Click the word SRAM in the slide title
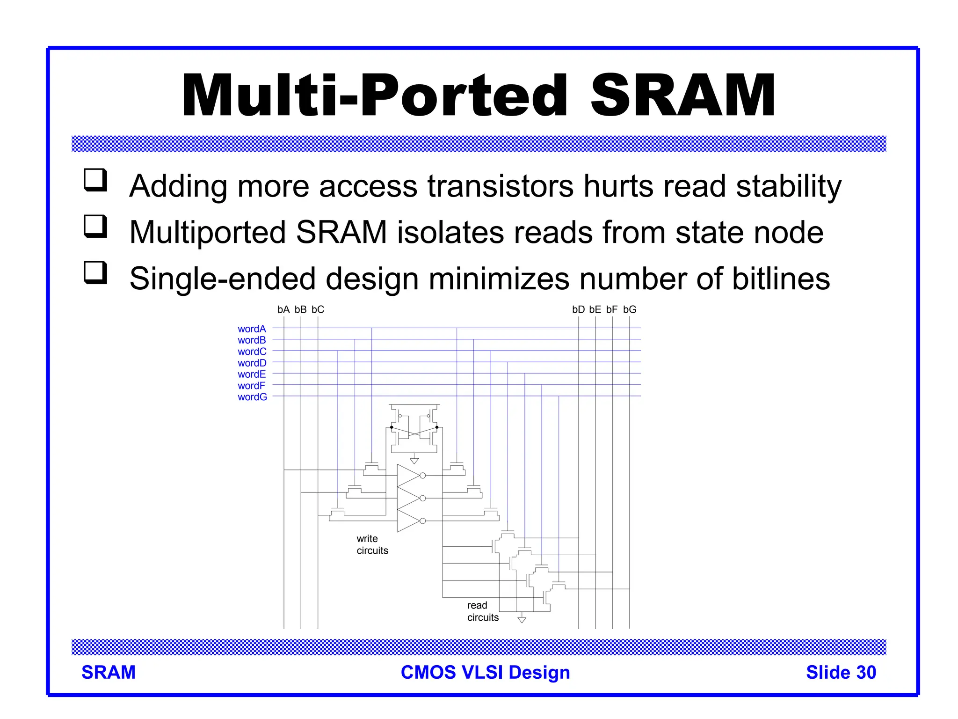click(683, 96)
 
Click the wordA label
click(252, 329)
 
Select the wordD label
click(252, 363)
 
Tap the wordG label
click(252, 397)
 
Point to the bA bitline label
click(283, 309)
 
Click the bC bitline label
click(318, 309)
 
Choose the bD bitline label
click(578, 309)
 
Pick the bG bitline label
click(630, 309)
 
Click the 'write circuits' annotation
click(372, 544)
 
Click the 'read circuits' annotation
click(482, 611)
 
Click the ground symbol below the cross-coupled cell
click(414, 461)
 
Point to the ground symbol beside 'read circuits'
click(522, 620)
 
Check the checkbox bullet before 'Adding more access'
click(95, 180)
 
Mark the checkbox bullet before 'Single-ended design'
click(95, 273)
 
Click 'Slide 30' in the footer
click(841, 672)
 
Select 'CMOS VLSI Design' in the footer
click(485, 672)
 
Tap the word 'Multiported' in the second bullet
click(207, 233)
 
